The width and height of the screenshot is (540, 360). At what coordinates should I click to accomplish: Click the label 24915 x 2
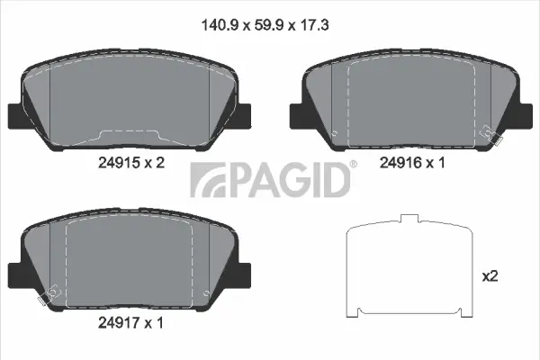[x=131, y=163]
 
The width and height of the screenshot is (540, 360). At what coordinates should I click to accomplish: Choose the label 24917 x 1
[x=131, y=319]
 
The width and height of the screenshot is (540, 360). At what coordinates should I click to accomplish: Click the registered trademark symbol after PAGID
[x=353, y=165]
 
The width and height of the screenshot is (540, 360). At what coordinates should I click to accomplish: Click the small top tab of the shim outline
[x=410, y=220]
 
